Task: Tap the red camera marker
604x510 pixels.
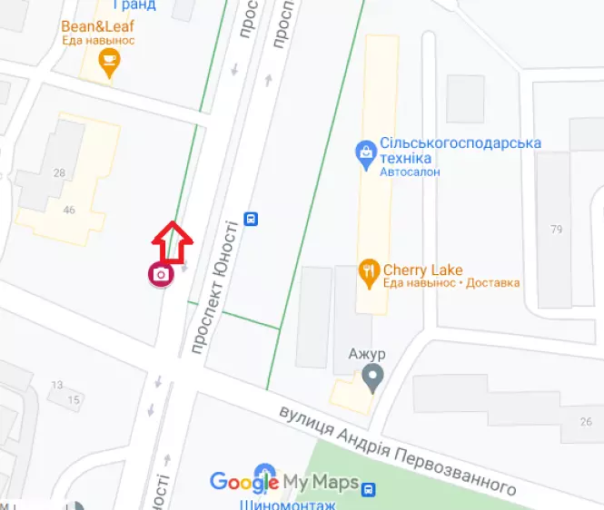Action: click(x=161, y=274)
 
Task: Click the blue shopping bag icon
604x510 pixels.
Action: click(x=365, y=152)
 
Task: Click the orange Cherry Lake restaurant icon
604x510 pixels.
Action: click(x=368, y=270)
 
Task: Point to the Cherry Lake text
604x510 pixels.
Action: click(x=422, y=270)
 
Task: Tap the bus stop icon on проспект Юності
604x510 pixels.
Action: click(x=251, y=219)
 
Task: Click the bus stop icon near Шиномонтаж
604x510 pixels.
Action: click(x=368, y=490)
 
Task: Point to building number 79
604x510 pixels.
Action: click(x=557, y=229)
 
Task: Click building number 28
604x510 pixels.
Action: click(x=60, y=173)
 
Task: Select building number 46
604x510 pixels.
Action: click(x=70, y=211)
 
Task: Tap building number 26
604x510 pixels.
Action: click(x=586, y=421)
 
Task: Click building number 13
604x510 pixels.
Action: click(x=57, y=385)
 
